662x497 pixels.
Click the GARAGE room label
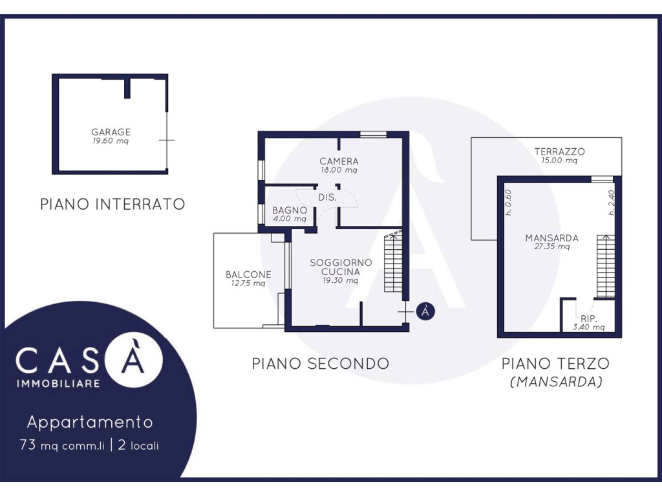[x=111, y=132]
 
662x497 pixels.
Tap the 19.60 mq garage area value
[x=111, y=141]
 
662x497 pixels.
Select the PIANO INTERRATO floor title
[x=112, y=204]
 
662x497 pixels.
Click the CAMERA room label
[x=339, y=161]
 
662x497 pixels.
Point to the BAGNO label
[x=290, y=210]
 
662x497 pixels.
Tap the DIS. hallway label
[x=327, y=197]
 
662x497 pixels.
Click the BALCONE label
[x=248, y=274]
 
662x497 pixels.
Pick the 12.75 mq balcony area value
[x=248, y=283]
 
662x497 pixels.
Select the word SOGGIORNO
[x=341, y=263]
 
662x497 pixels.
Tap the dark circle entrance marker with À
[x=425, y=311]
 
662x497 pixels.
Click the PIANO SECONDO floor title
[x=321, y=364]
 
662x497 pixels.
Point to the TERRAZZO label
[x=559, y=151]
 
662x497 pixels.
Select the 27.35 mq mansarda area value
[x=552, y=247]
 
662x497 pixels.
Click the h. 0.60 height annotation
[x=508, y=202]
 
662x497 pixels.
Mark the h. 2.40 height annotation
[x=612, y=202]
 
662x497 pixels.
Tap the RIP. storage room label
[x=589, y=318]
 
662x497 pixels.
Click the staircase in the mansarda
[x=606, y=266]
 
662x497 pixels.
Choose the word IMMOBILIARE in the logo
[x=58, y=383]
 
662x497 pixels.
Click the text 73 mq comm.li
[x=61, y=445]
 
